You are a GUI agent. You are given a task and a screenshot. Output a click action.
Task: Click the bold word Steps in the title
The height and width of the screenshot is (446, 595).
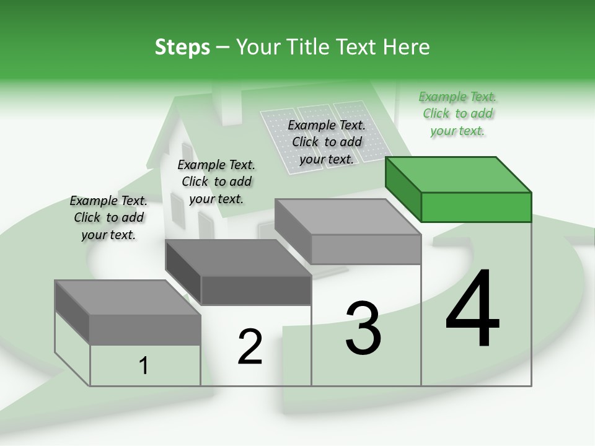182,47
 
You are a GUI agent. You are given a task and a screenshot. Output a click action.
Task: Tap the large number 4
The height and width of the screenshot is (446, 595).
472,310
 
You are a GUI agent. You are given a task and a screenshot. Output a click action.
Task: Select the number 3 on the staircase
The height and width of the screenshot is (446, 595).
363,328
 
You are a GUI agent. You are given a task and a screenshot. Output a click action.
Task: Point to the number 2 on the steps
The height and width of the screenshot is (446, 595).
250,347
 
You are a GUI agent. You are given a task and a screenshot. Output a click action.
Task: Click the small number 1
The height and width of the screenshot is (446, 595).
144,366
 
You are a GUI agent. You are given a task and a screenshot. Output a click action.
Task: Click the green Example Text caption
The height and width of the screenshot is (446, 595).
457,114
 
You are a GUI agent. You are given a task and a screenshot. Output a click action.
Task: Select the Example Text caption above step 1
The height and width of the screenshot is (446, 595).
108,218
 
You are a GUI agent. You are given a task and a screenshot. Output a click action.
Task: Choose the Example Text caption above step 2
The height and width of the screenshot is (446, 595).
216,182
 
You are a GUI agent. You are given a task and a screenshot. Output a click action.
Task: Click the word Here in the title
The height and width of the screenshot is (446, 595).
408,47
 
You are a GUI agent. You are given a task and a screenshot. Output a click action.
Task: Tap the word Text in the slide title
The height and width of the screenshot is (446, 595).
358,47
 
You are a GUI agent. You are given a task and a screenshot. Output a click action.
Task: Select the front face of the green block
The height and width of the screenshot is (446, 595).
476,207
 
